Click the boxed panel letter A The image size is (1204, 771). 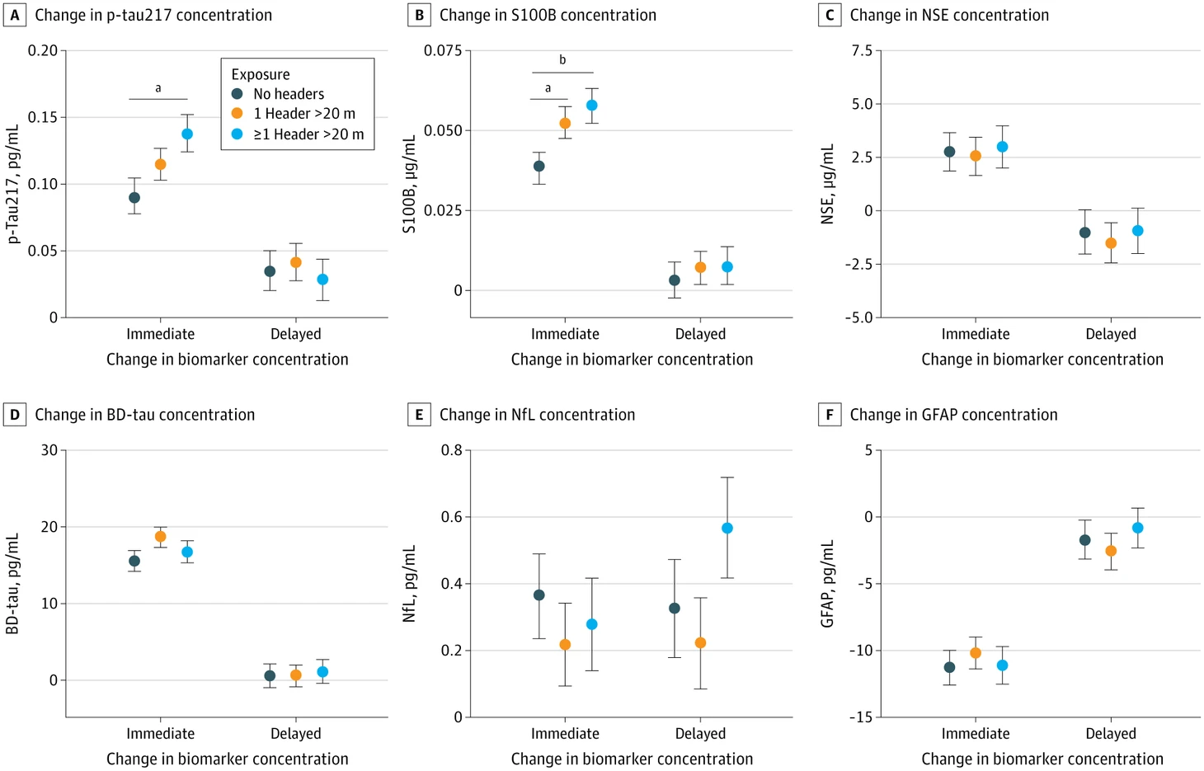pyautogui.click(x=15, y=15)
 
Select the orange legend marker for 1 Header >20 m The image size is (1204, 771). pyautogui.click(x=237, y=113)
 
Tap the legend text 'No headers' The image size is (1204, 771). pyautogui.click(x=289, y=94)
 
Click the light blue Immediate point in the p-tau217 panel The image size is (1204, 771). pyautogui.click(x=187, y=134)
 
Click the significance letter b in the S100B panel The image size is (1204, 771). pyautogui.click(x=562, y=59)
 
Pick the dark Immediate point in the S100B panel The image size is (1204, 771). pyautogui.click(x=539, y=166)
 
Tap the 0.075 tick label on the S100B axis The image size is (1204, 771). pyautogui.click(x=443, y=50)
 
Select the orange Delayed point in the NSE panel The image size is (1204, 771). pyautogui.click(x=1111, y=243)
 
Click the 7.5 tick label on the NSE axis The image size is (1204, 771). pyautogui.click(x=862, y=50)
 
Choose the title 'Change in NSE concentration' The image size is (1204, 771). pyautogui.click(x=949, y=15)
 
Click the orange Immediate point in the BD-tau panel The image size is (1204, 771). pyautogui.click(x=160, y=536)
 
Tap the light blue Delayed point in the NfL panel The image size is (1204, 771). pyautogui.click(x=727, y=528)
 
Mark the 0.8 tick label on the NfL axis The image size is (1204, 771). pyautogui.click(x=452, y=449)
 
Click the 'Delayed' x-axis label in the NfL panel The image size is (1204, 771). pyautogui.click(x=700, y=733)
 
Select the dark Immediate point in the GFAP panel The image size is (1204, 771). pyautogui.click(x=950, y=667)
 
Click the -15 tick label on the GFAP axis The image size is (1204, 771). pyautogui.click(x=861, y=717)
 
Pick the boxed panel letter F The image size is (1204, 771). pyautogui.click(x=830, y=415)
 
